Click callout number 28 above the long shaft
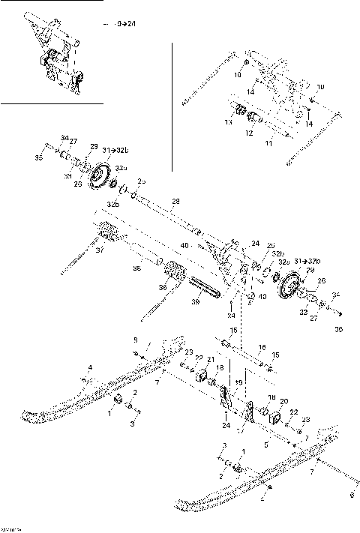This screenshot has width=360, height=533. [176, 202]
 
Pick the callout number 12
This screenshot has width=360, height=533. [249, 133]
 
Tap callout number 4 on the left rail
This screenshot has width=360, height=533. [90, 367]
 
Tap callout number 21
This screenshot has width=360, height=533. [211, 359]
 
